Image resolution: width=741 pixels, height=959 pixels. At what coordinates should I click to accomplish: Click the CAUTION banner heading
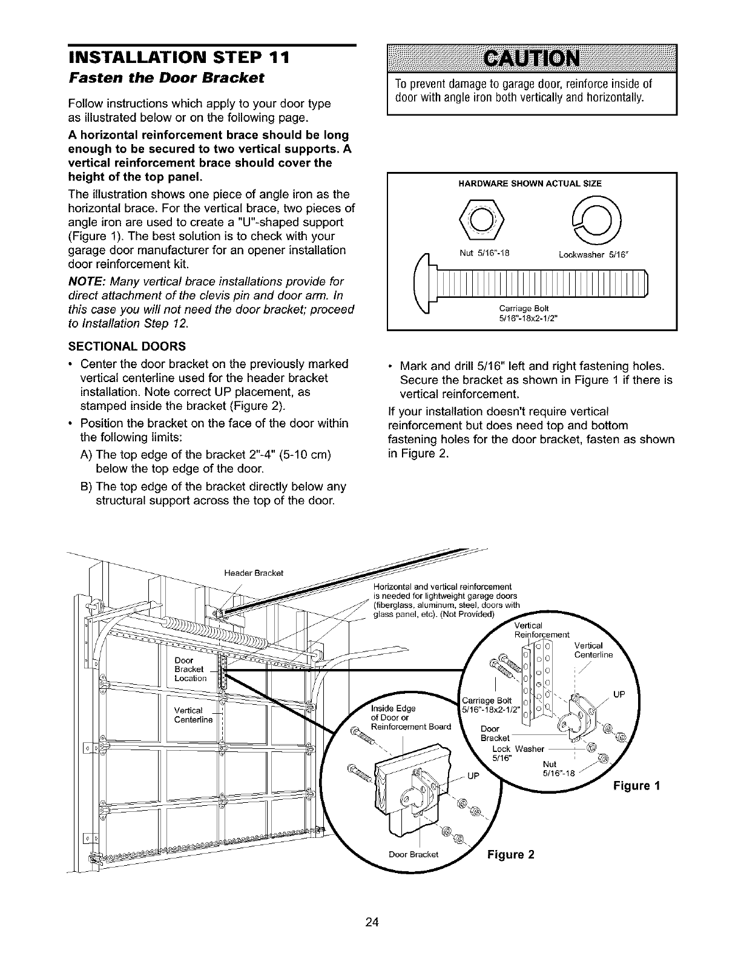(532, 59)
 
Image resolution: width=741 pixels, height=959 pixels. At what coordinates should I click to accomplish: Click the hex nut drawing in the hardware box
(482, 219)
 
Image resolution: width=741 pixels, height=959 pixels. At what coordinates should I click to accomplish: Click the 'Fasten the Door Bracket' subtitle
(166, 78)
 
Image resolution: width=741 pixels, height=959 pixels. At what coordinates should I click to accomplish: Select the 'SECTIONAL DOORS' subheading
(127, 346)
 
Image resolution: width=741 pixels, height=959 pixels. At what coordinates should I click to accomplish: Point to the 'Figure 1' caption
(636, 786)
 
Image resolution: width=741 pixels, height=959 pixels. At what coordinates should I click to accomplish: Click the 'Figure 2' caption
(510, 855)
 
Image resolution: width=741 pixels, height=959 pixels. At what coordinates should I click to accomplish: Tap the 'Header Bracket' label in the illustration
(253, 573)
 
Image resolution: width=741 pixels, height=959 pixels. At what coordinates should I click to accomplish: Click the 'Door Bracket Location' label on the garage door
(190, 670)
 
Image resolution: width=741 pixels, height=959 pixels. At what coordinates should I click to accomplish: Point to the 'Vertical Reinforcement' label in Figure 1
(541, 630)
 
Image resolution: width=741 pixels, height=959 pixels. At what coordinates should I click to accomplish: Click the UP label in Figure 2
(473, 776)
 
